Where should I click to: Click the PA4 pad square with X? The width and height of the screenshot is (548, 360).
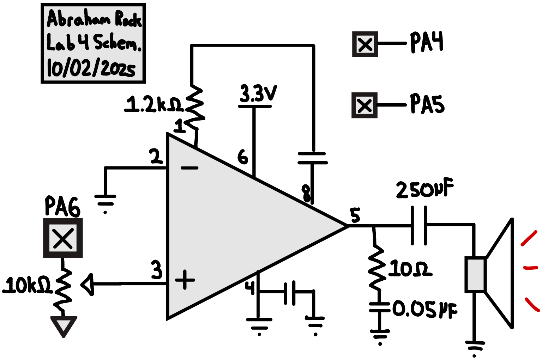click(365, 44)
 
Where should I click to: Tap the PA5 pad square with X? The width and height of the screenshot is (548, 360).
click(364, 105)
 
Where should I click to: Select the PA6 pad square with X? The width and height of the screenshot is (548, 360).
click(63, 238)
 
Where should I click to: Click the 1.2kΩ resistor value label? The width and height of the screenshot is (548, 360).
click(153, 104)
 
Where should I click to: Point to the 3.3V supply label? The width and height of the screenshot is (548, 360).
click(258, 93)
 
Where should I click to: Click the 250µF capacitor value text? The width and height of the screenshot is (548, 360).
click(424, 190)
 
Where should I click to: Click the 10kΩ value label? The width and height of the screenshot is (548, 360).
click(27, 285)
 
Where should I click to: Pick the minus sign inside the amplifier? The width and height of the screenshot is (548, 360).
click(189, 168)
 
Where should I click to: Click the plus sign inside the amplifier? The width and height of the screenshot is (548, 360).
click(185, 280)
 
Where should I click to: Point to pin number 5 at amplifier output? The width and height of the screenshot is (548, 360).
click(355, 215)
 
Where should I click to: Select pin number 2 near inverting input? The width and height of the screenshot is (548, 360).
click(155, 157)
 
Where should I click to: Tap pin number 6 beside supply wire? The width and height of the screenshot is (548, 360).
click(243, 157)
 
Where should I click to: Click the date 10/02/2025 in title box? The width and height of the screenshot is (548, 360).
click(91, 67)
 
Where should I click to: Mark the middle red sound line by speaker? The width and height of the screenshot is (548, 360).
click(530, 268)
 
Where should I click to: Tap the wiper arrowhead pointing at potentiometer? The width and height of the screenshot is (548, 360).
click(87, 284)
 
